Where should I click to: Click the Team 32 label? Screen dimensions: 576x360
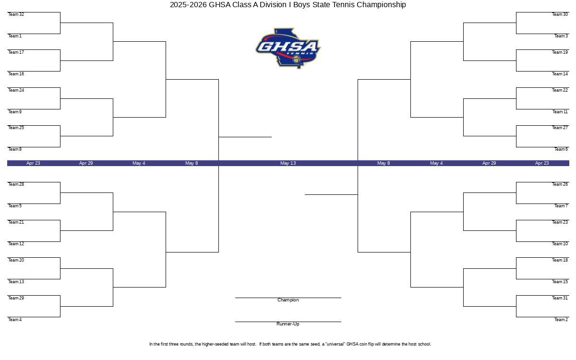[x=16, y=14]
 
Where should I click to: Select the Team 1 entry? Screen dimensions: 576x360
[x=15, y=36]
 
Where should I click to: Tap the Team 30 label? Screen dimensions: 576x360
[x=560, y=14]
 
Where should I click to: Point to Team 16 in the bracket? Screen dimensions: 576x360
[x=16, y=74]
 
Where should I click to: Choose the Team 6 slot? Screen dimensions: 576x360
[x=561, y=149]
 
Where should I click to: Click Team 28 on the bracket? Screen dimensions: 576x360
[x=16, y=184]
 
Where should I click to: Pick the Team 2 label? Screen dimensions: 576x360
[x=561, y=320]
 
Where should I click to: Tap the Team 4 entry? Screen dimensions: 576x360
[x=15, y=320]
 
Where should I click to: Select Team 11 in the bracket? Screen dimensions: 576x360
[x=560, y=112]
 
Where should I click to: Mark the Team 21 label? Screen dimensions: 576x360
[x=16, y=222]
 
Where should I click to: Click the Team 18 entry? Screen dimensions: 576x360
[x=560, y=260]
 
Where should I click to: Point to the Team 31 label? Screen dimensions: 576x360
[x=560, y=298]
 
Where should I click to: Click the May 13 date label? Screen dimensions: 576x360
[x=288, y=163]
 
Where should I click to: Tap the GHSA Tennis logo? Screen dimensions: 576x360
[x=288, y=48]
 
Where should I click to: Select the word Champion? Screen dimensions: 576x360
[x=288, y=300]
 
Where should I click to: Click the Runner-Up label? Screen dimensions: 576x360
[x=288, y=324]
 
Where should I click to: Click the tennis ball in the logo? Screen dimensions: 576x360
[x=297, y=59]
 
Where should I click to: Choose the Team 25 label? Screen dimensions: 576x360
[x=16, y=128]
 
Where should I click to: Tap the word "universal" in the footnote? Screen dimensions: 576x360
[x=335, y=344]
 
